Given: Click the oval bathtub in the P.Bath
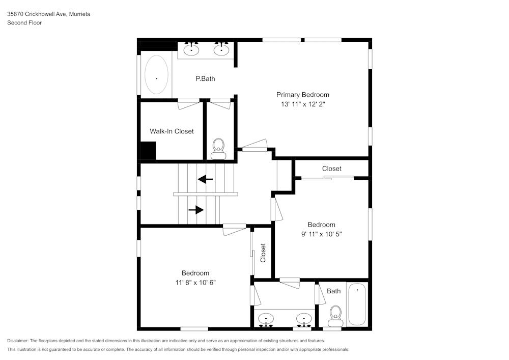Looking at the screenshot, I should pos(156,75).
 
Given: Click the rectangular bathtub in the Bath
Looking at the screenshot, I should pos(357,303).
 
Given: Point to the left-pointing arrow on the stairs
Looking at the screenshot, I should pos(205,179).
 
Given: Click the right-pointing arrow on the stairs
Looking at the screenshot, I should pos(196,210).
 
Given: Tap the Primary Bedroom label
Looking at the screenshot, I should pos(302,95).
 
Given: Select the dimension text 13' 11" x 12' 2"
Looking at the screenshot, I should pos(302,104).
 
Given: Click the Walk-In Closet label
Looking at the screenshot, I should pos(172,131).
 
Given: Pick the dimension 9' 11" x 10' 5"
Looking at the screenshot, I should pos(321,234).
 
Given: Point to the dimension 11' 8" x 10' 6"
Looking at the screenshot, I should pos(195,283).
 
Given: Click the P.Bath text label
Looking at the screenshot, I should pos(205,79).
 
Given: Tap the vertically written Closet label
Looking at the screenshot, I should pos(263,253).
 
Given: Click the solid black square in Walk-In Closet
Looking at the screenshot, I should pos(148,151).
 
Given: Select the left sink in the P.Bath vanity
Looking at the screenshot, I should pos(192,49).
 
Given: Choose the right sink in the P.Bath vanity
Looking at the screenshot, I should pos(221,49).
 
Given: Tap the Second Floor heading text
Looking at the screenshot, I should pos(24,23).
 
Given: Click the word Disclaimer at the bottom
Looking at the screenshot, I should pos(18,341).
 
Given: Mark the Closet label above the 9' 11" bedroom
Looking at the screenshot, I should pos(331,169).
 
